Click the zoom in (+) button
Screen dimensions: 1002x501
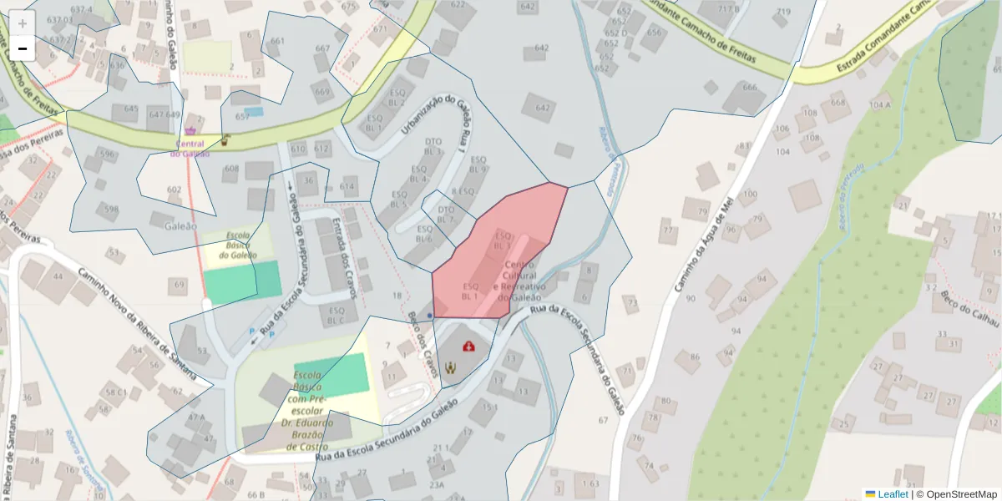(23, 23)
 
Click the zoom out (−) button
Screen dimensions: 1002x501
(23, 48)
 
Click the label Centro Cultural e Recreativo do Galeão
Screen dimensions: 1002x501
(522, 281)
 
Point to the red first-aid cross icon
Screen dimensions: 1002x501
(468, 346)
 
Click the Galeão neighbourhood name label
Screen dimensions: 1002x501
(181, 225)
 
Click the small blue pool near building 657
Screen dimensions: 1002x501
(253, 111)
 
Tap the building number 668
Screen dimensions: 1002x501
(835, 104)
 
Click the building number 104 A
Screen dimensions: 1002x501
(880, 104)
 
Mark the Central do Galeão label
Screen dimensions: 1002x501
(190, 148)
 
